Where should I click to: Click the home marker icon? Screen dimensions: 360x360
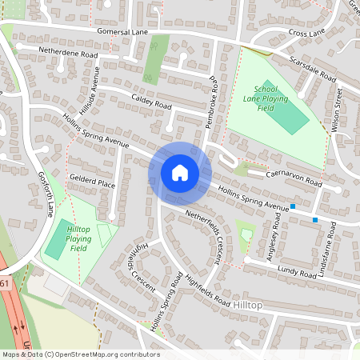[x=180, y=172]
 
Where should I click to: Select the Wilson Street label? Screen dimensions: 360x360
[x=337, y=110]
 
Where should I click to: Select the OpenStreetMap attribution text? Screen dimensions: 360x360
[x=80, y=354]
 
